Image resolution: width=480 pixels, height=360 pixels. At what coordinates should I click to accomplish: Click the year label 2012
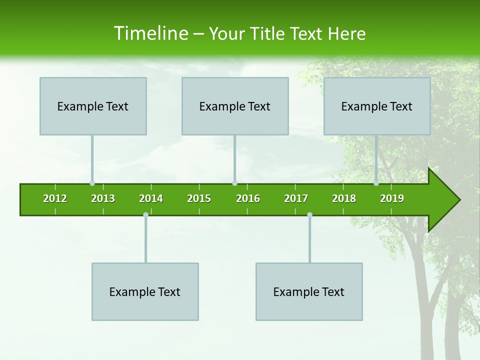pos(55,198)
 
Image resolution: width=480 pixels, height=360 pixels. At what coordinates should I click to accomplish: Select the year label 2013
pos(103,198)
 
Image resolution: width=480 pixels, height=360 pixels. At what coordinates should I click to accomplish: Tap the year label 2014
pos(151,198)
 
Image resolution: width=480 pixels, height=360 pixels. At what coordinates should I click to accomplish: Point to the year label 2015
pos(199,198)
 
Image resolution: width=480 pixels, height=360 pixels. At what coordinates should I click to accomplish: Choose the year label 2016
pos(248,198)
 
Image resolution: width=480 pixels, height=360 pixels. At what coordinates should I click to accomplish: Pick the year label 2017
pos(296,198)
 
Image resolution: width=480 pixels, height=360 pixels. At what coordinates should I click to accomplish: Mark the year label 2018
pos(344,198)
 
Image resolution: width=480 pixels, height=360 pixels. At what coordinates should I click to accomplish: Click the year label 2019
pos(392,198)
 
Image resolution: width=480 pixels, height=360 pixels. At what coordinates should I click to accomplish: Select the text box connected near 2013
pos(93,106)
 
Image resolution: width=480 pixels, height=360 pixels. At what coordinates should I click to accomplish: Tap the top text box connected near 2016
pos(235,106)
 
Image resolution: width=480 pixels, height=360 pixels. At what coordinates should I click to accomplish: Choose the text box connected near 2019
pos(377,106)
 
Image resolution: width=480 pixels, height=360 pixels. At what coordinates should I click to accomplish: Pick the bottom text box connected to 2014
pos(145,291)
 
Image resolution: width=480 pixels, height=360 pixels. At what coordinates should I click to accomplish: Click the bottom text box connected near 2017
pos(309,291)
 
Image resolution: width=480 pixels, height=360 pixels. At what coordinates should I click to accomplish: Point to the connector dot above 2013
pos(92,183)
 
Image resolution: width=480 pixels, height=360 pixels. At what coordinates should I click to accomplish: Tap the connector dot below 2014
pos(145,215)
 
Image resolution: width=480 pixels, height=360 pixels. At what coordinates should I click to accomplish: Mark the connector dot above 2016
pos(234,183)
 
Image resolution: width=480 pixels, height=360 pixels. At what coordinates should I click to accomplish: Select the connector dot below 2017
pos(309,215)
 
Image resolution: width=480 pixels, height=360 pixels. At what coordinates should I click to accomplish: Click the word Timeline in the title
pos(150,33)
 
